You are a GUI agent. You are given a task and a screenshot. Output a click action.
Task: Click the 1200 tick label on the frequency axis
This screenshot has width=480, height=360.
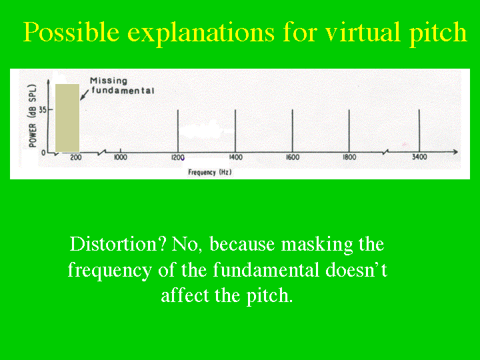tap(177, 157)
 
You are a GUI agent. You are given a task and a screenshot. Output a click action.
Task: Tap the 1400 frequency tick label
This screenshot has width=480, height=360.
tap(236, 157)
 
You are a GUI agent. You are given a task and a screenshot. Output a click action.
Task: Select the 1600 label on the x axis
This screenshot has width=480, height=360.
tap(293, 157)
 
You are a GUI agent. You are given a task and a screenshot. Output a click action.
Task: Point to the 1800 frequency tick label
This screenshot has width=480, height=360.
tap(349, 157)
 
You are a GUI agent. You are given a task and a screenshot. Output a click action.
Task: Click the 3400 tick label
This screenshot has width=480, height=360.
tap(419, 157)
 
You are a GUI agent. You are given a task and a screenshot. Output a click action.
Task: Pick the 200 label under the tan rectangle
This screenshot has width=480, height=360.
tap(76, 157)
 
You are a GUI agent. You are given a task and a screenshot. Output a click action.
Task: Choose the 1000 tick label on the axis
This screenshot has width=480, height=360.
tap(121, 157)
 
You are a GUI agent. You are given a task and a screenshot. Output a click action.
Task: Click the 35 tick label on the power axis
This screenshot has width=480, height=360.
tap(43, 109)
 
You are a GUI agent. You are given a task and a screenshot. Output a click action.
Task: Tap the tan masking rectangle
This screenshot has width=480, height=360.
tap(67, 118)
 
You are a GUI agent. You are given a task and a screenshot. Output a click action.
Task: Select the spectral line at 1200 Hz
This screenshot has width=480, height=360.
tap(178, 131)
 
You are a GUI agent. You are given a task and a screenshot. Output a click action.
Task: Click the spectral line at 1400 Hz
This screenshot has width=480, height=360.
tap(235, 131)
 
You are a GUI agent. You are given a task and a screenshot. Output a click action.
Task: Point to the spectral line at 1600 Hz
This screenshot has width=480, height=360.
tap(293, 131)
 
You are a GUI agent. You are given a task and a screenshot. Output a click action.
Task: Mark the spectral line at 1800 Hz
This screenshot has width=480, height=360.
tap(349, 131)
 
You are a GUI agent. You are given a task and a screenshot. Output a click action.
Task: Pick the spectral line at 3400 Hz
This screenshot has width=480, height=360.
tap(419, 131)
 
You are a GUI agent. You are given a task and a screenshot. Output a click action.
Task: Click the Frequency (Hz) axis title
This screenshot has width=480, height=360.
tap(210, 173)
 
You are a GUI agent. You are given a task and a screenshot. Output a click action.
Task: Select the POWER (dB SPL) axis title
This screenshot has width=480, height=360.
tap(33, 115)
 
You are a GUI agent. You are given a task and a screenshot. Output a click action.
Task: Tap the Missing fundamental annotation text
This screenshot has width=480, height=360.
tap(122, 86)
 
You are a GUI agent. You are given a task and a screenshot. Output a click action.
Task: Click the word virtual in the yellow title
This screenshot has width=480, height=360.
tap(363, 31)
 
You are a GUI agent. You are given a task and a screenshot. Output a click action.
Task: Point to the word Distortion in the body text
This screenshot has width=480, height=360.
tap(118, 244)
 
